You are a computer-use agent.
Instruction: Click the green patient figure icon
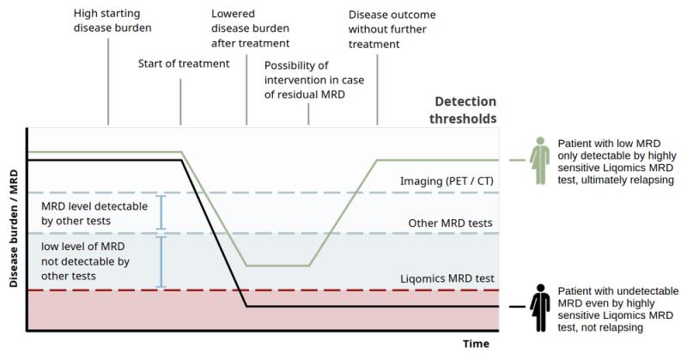(x=540, y=161)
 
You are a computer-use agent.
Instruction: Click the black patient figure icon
(x=540, y=308)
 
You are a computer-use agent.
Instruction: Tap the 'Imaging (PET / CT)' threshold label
(x=447, y=181)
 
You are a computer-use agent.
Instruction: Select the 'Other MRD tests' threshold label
(x=450, y=223)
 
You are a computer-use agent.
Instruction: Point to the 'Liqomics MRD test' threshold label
(x=447, y=278)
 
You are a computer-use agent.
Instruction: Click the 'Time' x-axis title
(x=476, y=344)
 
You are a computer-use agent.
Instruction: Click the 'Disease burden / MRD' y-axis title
(x=14, y=229)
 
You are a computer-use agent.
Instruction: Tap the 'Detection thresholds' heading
(x=463, y=110)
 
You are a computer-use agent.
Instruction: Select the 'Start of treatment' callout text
(x=184, y=64)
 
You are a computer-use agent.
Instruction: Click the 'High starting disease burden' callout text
(x=112, y=21)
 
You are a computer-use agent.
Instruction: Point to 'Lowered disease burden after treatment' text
(x=250, y=28)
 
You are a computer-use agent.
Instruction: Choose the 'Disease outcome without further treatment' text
(x=392, y=29)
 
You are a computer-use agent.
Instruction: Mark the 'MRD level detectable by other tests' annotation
(x=94, y=214)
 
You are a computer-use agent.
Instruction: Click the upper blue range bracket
(x=161, y=213)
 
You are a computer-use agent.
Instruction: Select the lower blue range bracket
(x=161, y=262)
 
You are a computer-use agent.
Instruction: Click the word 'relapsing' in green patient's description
(x=652, y=180)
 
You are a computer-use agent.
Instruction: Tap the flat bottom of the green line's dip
(x=277, y=265)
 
